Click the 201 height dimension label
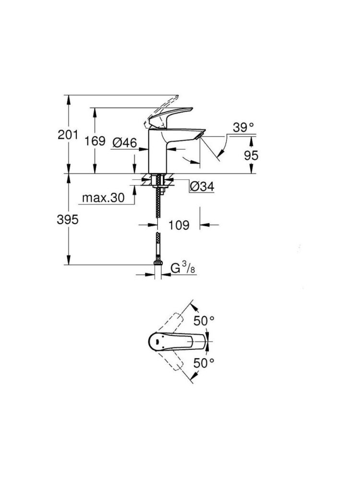point(67,136)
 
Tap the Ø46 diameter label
point(125,142)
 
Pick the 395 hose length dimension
point(68,220)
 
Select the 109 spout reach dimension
point(179,225)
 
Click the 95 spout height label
point(252,155)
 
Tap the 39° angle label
point(243,128)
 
